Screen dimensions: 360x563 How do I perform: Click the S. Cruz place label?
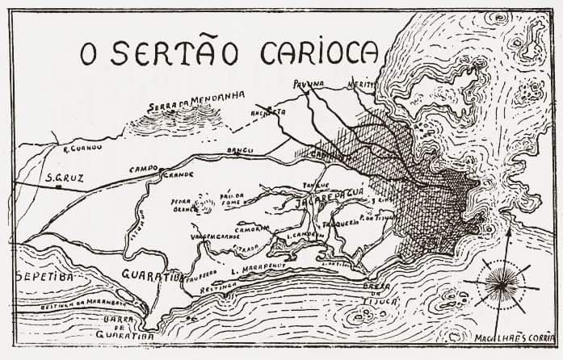[x=61, y=177]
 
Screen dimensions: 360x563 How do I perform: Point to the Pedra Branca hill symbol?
[x=206, y=203]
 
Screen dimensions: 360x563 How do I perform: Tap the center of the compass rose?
[x=506, y=284]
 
